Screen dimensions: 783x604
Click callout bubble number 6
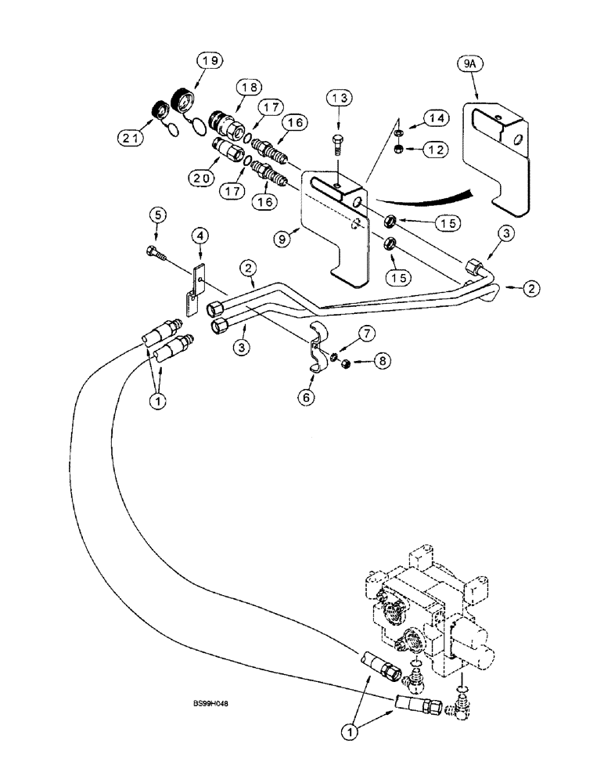coord(306,398)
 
